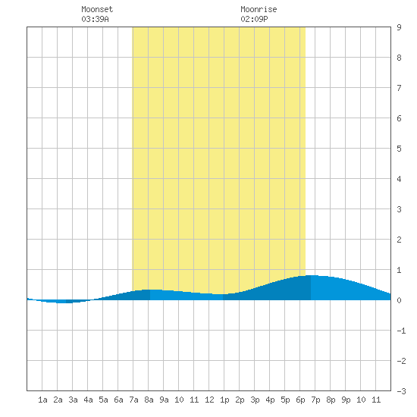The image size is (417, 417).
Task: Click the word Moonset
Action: [x=97, y=9]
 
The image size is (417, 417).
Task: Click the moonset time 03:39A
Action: [x=95, y=19]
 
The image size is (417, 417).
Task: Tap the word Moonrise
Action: [x=259, y=9]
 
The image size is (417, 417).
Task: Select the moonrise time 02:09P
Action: [x=254, y=19]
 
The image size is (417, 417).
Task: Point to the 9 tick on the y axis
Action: [x=399, y=27]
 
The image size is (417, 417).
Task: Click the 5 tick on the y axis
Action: [x=399, y=149]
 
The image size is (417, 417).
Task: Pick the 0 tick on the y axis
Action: [x=399, y=300]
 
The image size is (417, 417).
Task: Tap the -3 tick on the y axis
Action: [x=401, y=391]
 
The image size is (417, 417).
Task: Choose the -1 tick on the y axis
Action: [x=401, y=331]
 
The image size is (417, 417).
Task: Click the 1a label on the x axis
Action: [x=42, y=400]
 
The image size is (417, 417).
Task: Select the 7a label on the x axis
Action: [x=133, y=400]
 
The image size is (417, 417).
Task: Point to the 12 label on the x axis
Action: [x=209, y=400]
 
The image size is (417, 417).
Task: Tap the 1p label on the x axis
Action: [x=224, y=400]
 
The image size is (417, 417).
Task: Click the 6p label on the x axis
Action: [x=300, y=400]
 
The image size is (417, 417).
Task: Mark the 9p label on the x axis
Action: [x=346, y=400]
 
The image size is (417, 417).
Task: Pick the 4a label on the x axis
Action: [x=88, y=400]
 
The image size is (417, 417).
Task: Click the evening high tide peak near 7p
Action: [x=312, y=275]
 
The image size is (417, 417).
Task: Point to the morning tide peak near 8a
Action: [x=152, y=290]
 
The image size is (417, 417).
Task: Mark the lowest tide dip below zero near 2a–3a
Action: [x=64, y=303]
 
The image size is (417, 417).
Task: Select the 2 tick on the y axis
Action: [x=399, y=240]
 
